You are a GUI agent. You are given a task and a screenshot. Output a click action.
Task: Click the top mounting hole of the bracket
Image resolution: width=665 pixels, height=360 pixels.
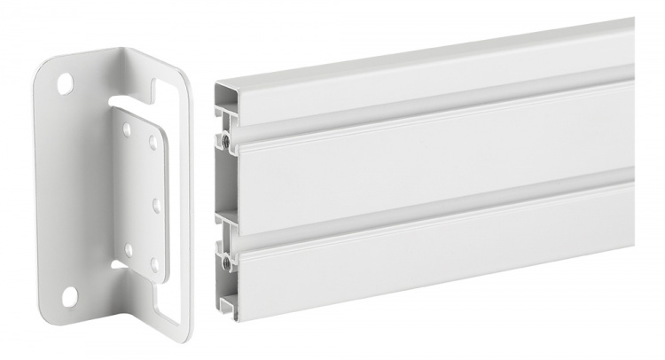tap(65, 84)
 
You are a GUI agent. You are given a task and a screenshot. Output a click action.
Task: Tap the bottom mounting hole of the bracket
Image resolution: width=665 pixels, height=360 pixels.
tap(69, 296)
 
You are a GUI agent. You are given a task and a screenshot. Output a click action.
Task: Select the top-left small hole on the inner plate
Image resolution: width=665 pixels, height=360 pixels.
tap(127, 129)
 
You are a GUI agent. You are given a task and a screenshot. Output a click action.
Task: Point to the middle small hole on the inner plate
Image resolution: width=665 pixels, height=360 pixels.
tap(156, 205)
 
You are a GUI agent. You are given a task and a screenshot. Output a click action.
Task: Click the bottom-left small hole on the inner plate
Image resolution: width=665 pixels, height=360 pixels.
tap(129, 250)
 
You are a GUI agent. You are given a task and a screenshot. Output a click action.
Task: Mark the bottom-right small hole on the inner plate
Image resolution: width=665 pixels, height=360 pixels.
tap(154, 264)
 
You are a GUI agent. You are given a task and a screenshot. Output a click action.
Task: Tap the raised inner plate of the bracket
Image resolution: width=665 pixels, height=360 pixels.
tap(140, 191)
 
